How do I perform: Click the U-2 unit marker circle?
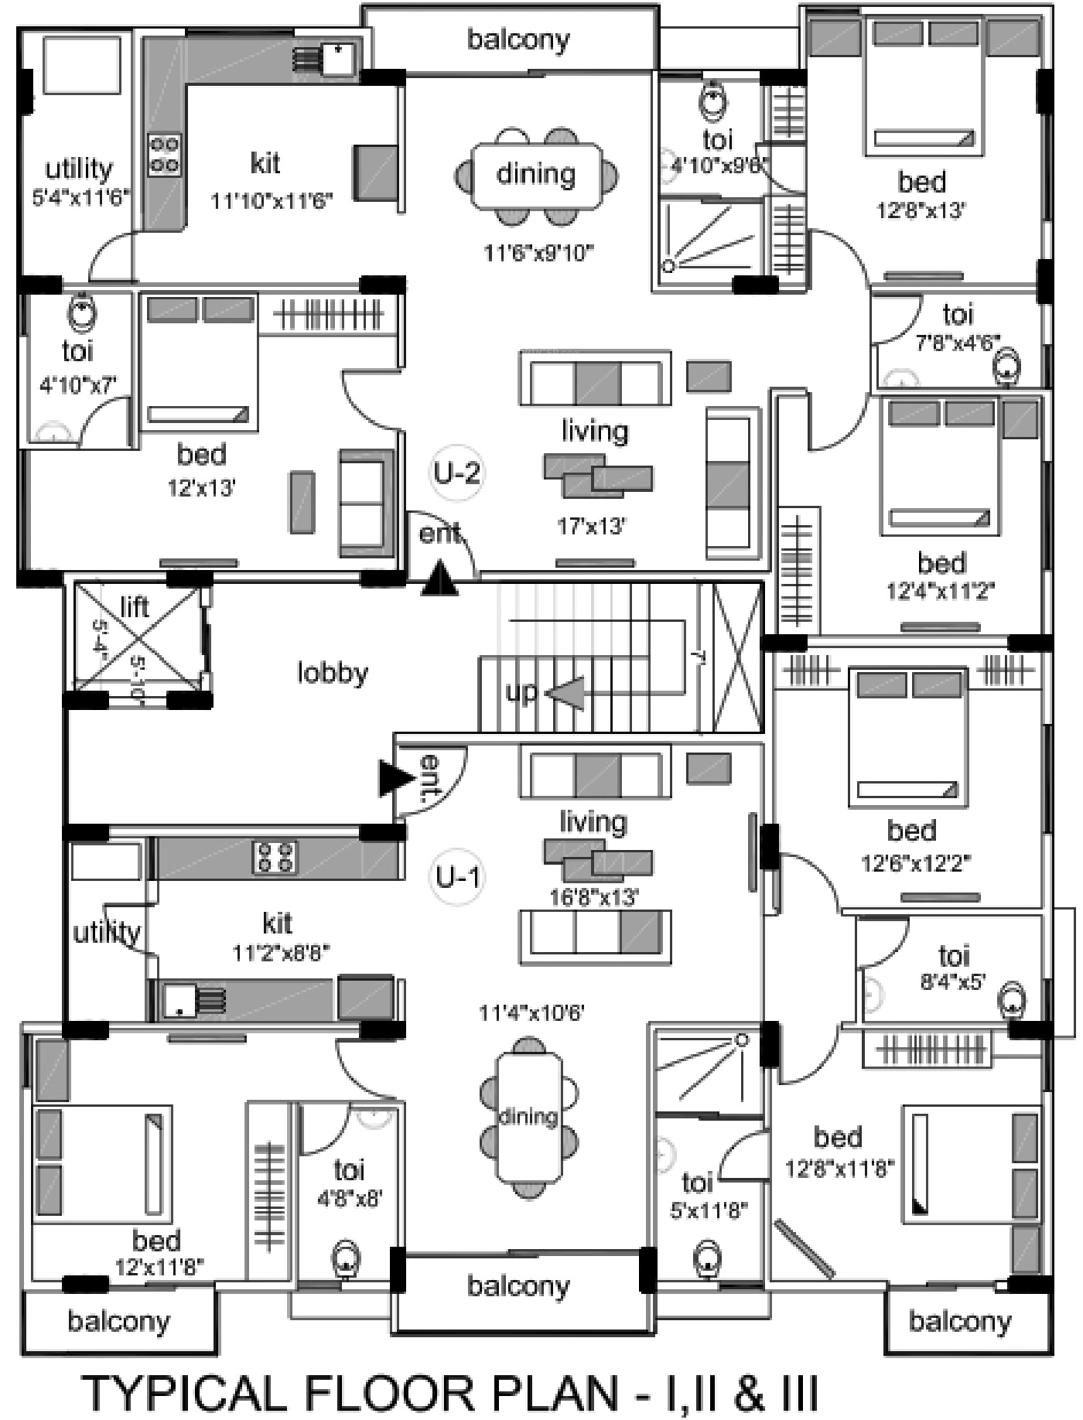tap(456, 472)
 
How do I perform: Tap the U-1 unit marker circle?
tap(458, 877)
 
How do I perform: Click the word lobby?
tap(333, 673)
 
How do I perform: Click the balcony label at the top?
tap(518, 39)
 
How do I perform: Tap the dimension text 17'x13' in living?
tap(591, 527)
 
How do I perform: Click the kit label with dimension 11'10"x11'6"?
tap(265, 164)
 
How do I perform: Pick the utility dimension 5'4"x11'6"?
tap(80, 198)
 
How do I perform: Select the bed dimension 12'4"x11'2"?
tap(940, 592)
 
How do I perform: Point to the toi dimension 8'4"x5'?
tap(952, 982)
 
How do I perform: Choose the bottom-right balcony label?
tap(959, 1321)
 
